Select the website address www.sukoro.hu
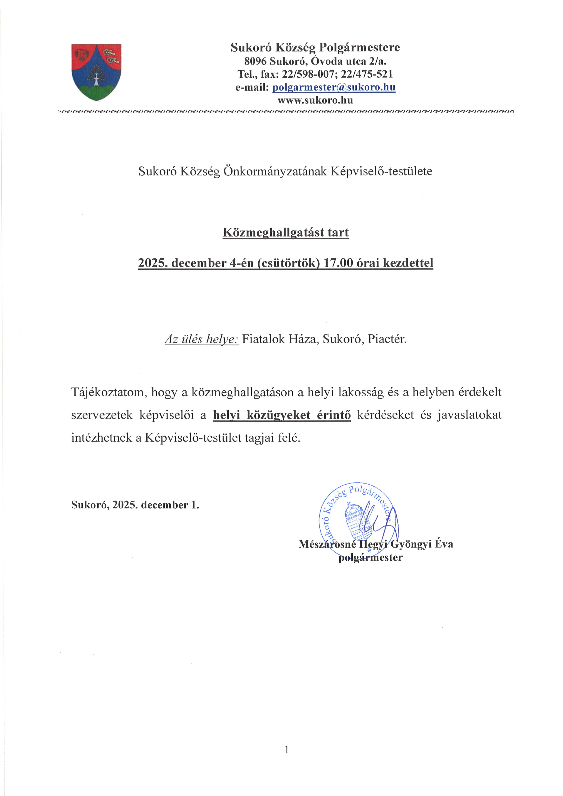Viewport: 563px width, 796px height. tap(315, 101)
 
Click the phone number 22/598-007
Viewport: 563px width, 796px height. tap(308, 74)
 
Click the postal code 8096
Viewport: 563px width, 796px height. tap(255, 61)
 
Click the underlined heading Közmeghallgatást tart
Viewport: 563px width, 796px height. tap(286, 232)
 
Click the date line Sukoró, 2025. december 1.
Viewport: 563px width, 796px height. tap(135, 505)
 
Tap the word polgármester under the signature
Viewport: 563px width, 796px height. tap(370, 557)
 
